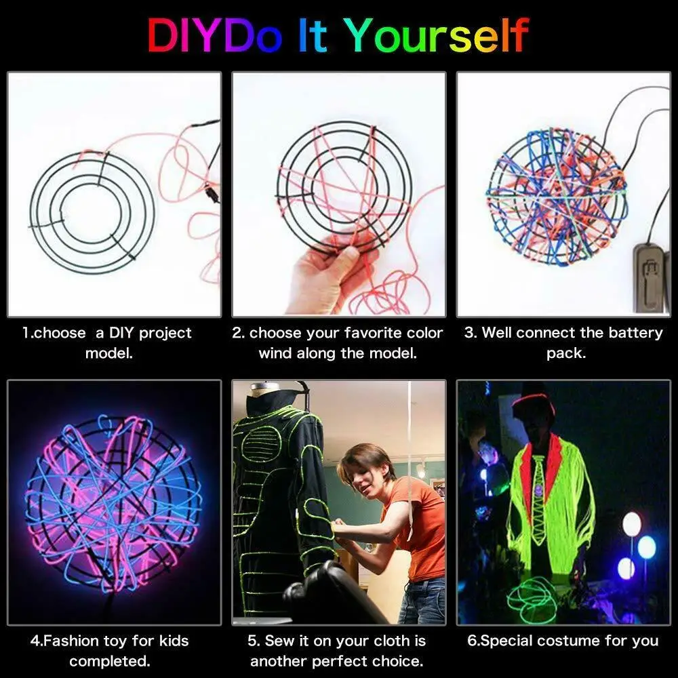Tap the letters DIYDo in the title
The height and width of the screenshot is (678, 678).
pyautogui.click(x=214, y=35)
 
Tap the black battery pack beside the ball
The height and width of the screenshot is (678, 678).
pyautogui.click(x=647, y=278)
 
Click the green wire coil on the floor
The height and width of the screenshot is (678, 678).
pyautogui.click(x=532, y=597)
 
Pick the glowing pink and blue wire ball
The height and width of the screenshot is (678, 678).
pyautogui.click(x=113, y=502)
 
